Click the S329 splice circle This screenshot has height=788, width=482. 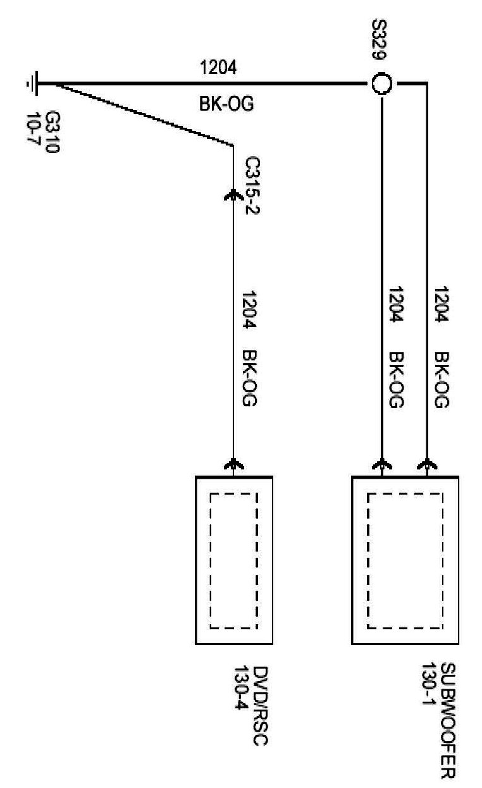click(381, 83)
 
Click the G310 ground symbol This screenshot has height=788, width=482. click(34, 83)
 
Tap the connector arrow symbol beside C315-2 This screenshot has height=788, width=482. click(233, 195)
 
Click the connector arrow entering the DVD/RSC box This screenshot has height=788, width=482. click(233, 467)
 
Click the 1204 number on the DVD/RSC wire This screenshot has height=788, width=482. click(249, 311)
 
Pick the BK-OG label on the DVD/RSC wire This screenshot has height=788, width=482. click(249, 378)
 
